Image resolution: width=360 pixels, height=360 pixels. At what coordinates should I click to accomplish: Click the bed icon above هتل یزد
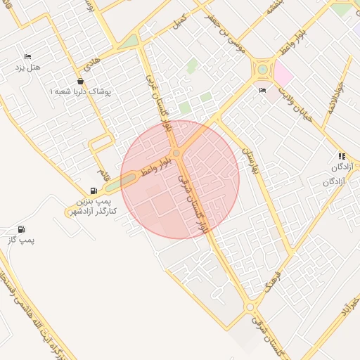[28, 56]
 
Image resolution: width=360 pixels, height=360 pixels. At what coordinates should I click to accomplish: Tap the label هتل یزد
[28, 67]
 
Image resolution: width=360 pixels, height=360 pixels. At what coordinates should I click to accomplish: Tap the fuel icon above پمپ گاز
[21, 229]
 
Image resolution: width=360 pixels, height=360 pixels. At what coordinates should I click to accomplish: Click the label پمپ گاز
[22, 240]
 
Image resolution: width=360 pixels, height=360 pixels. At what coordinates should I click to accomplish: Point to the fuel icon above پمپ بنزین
[94, 191]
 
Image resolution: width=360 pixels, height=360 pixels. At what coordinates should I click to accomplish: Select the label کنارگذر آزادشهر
[93, 211]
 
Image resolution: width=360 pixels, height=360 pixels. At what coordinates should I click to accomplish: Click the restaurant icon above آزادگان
[342, 157]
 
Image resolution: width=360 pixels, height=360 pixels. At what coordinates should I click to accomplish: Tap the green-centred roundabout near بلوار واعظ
[263, 70]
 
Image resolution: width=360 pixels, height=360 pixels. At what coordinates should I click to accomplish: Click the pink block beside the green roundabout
[283, 73]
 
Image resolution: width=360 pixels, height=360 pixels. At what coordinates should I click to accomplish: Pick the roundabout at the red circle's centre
[176, 153]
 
